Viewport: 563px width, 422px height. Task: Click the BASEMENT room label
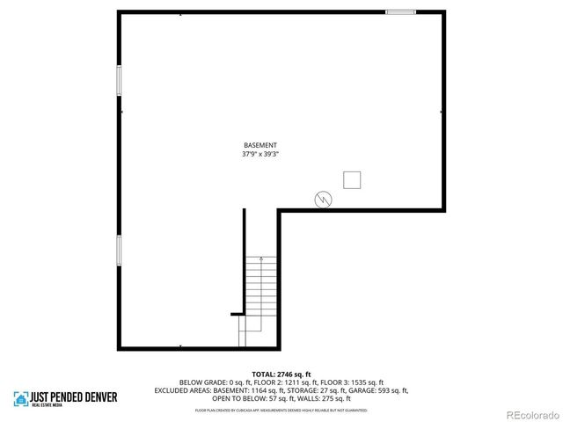pyautogui.click(x=260, y=145)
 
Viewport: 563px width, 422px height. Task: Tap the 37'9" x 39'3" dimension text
pyautogui.click(x=260, y=154)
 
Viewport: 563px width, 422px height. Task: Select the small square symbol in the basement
pyautogui.click(x=353, y=179)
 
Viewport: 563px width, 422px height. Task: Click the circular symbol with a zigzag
pyautogui.click(x=324, y=200)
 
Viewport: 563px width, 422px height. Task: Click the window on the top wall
pyautogui.click(x=400, y=12)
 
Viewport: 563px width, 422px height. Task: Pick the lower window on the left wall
pyautogui.click(x=119, y=251)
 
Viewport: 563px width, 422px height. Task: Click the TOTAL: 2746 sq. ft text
pyautogui.click(x=281, y=375)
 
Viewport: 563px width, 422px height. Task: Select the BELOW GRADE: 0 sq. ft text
pyautogui.click(x=204, y=382)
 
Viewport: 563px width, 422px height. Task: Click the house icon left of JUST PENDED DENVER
pyautogui.click(x=19, y=399)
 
